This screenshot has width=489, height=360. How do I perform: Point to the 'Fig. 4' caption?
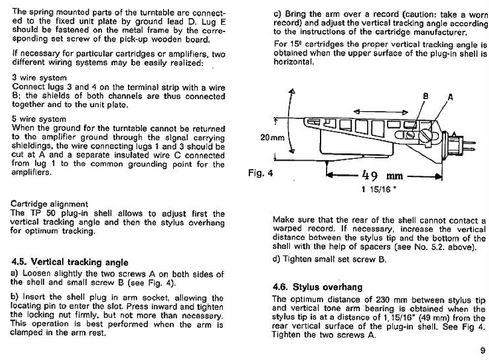[261, 172]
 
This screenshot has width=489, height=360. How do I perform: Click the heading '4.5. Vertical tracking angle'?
[70, 262]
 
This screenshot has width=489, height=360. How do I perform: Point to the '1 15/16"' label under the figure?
[379, 190]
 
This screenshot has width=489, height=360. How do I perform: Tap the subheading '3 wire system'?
[39, 78]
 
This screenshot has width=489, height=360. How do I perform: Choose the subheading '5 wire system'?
[39, 119]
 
